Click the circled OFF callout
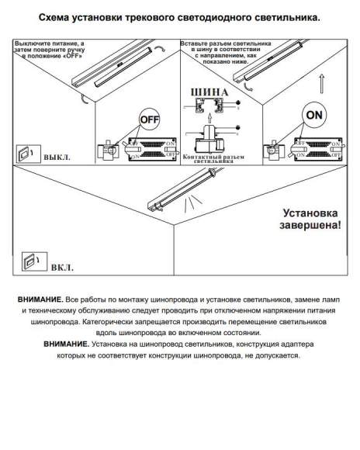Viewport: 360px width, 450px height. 148,120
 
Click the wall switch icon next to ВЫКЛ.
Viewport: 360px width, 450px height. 26,152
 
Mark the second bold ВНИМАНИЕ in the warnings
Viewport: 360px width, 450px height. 66,343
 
